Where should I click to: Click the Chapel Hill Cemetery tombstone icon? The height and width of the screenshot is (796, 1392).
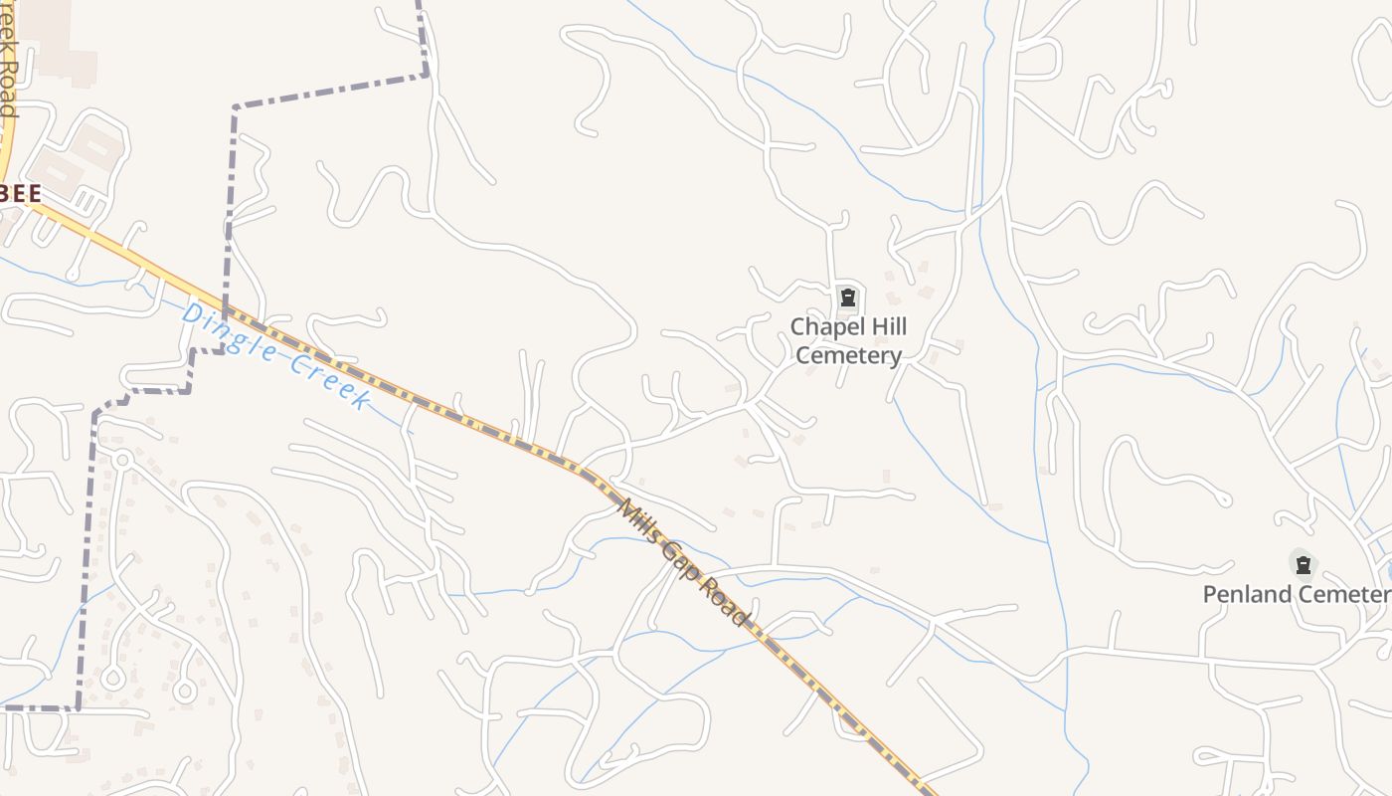pyautogui.click(x=847, y=297)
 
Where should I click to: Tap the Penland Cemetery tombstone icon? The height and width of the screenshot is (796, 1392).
pyautogui.click(x=1303, y=565)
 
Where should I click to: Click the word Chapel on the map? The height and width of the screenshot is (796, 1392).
pyautogui.click(x=824, y=327)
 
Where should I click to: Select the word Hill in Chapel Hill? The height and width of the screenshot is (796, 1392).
pyautogui.click(x=886, y=327)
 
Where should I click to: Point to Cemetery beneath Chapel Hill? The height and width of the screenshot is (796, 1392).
pyautogui.click(x=849, y=355)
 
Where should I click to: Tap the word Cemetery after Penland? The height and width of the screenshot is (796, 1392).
pyautogui.click(x=1348, y=594)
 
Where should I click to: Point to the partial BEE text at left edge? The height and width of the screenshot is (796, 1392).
pyautogui.click(x=20, y=194)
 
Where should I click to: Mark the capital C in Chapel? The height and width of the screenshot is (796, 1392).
pyautogui.click(x=797, y=327)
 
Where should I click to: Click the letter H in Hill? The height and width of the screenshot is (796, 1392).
pyautogui.click(x=873, y=327)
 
